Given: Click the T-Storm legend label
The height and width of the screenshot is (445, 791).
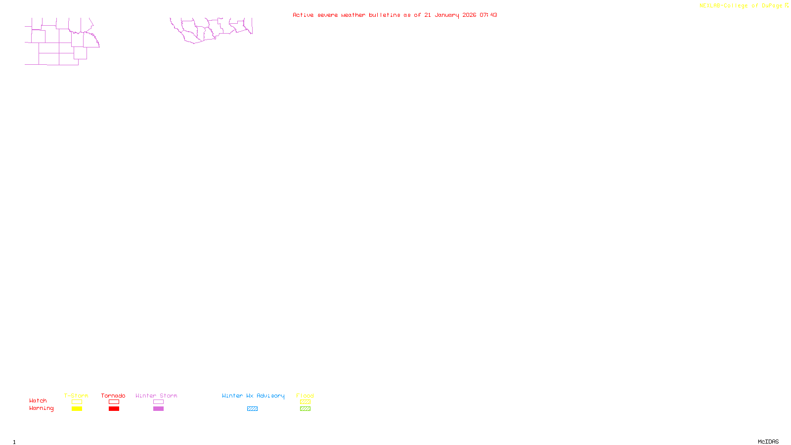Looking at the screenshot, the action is click(x=76, y=396).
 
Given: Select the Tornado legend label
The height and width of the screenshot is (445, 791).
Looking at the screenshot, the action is click(x=113, y=396).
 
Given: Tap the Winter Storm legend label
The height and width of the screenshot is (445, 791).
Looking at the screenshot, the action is click(x=156, y=396).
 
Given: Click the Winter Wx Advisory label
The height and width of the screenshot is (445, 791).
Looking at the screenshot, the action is click(x=253, y=396).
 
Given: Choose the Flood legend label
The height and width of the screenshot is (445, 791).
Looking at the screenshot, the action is click(x=305, y=396).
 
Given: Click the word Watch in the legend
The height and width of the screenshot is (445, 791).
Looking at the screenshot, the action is click(x=38, y=400).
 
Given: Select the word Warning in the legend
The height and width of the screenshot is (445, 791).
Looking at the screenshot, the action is click(x=42, y=408).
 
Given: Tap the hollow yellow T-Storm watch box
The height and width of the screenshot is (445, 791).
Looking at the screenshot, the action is click(x=77, y=402).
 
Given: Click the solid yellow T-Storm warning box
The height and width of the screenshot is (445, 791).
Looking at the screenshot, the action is click(x=77, y=409).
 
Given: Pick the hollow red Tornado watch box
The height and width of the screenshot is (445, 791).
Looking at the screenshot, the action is click(x=114, y=402).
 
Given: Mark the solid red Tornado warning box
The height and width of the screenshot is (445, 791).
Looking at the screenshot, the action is click(x=114, y=409).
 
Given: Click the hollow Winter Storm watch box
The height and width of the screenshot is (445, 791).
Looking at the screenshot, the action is click(x=158, y=402).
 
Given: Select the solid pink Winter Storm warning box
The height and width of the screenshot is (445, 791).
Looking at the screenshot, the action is click(x=158, y=409).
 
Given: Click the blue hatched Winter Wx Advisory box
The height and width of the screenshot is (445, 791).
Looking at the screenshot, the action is click(x=252, y=409).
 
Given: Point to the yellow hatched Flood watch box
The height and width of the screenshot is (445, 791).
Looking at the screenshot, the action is click(x=305, y=402).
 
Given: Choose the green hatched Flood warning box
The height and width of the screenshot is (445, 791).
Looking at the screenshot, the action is click(x=305, y=409).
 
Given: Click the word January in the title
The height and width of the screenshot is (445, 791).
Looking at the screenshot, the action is click(x=447, y=15).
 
